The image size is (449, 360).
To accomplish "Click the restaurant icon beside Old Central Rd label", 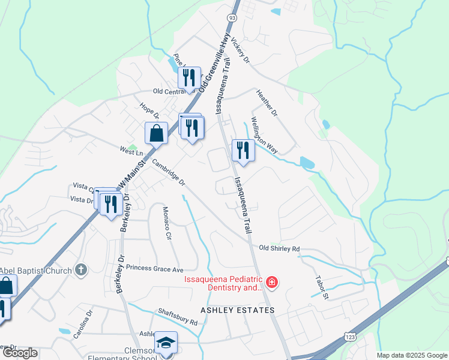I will (x=190, y=78).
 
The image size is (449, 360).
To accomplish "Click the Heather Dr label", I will (x=267, y=103).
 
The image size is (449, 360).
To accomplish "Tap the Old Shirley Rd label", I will (x=279, y=248).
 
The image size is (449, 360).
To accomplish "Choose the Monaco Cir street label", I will (x=167, y=224).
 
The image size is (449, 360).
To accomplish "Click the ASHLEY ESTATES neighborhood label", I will (x=238, y=310).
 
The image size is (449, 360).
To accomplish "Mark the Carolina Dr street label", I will (x=83, y=325).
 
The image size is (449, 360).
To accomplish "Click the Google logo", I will (x=20, y=352).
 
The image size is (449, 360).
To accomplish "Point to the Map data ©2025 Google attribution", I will (x=412, y=355).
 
